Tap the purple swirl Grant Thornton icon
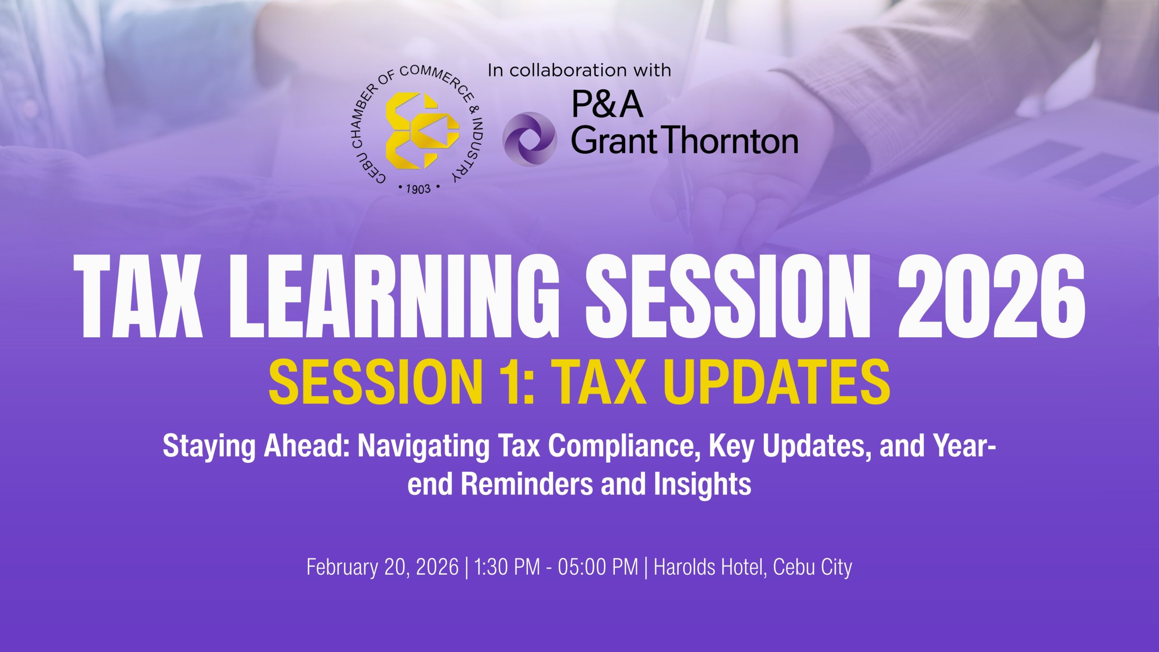(529, 139)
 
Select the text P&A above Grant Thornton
(607, 104)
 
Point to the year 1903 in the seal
(418, 188)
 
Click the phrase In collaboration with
(579, 70)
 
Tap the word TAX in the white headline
(137, 296)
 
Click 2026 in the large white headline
(991, 296)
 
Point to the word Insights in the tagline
(703, 484)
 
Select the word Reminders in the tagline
(527, 484)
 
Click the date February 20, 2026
(383, 567)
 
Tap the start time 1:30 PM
(507, 567)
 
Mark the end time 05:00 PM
(598, 567)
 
